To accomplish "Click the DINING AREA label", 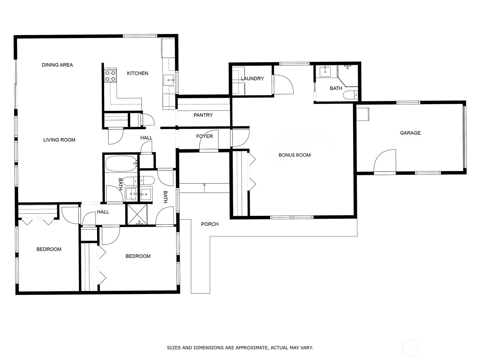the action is tap(57, 65).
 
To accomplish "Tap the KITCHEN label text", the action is tap(137, 73).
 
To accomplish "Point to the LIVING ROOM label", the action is tap(59, 140).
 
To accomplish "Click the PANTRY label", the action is tap(203, 115).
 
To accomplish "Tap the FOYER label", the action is tap(205, 136).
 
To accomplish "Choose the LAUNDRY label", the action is tap(252, 79).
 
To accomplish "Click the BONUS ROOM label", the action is tap(295, 155).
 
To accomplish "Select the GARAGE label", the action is tap(410, 133).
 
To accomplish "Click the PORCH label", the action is tap(210, 224).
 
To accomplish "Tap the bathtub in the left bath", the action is tap(121, 164).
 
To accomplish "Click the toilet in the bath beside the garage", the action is tap(350, 95).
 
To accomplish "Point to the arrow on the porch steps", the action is tap(205, 188).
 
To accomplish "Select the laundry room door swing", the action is tap(283, 85).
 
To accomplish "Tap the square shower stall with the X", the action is tap(137, 214).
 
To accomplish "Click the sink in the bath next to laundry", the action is tap(325, 72).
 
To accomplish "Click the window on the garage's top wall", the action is tap(408, 103).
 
